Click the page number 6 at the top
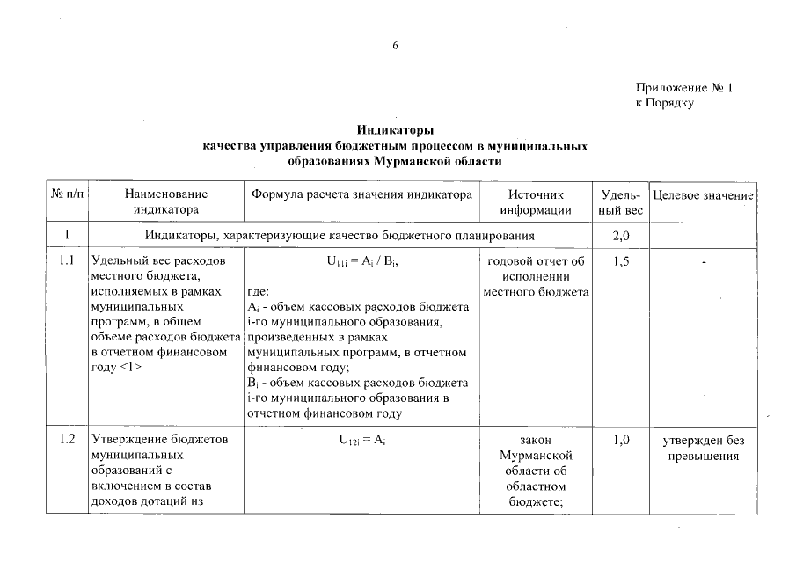click(x=396, y=47)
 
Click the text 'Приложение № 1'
click(x=683, y=88)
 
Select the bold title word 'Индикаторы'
click(x=396, y=130)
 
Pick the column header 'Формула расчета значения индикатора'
click(x=362, y=194)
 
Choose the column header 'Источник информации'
click(x=536, y=201)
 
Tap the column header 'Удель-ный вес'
click(x=621, y=201)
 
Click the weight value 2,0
click(x=621, y=236)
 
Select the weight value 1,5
click(x=621, y=261)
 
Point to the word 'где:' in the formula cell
click(x=259, y=293)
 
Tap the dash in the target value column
click(x=704, y=262)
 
